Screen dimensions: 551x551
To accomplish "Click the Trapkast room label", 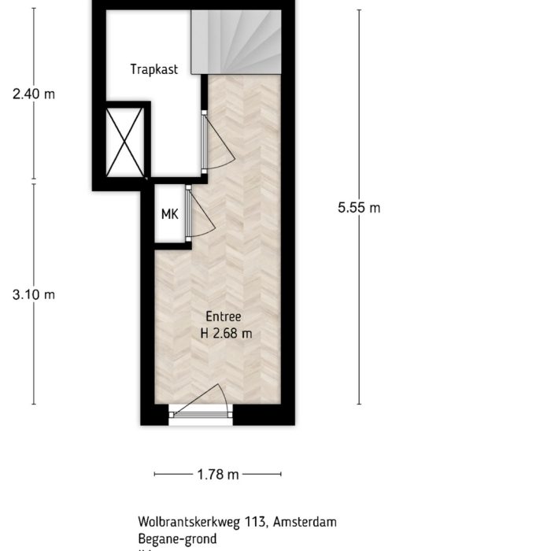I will point(154,69).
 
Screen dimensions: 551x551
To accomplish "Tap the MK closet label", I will point(169,214).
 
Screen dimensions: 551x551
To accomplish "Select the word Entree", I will point(225,317).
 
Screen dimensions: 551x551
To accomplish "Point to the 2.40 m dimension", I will point(34,94).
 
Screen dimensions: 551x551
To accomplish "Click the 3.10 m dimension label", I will point(34,294).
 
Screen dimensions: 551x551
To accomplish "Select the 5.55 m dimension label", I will point(359,208).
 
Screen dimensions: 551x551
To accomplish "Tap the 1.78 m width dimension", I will point(218,475).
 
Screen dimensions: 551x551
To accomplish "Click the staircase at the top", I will point(240,39).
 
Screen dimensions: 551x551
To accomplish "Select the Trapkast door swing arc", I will point(219,142).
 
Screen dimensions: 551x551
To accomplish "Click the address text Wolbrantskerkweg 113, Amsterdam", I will point(237,522).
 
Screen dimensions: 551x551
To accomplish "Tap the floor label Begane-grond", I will point(174,539).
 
